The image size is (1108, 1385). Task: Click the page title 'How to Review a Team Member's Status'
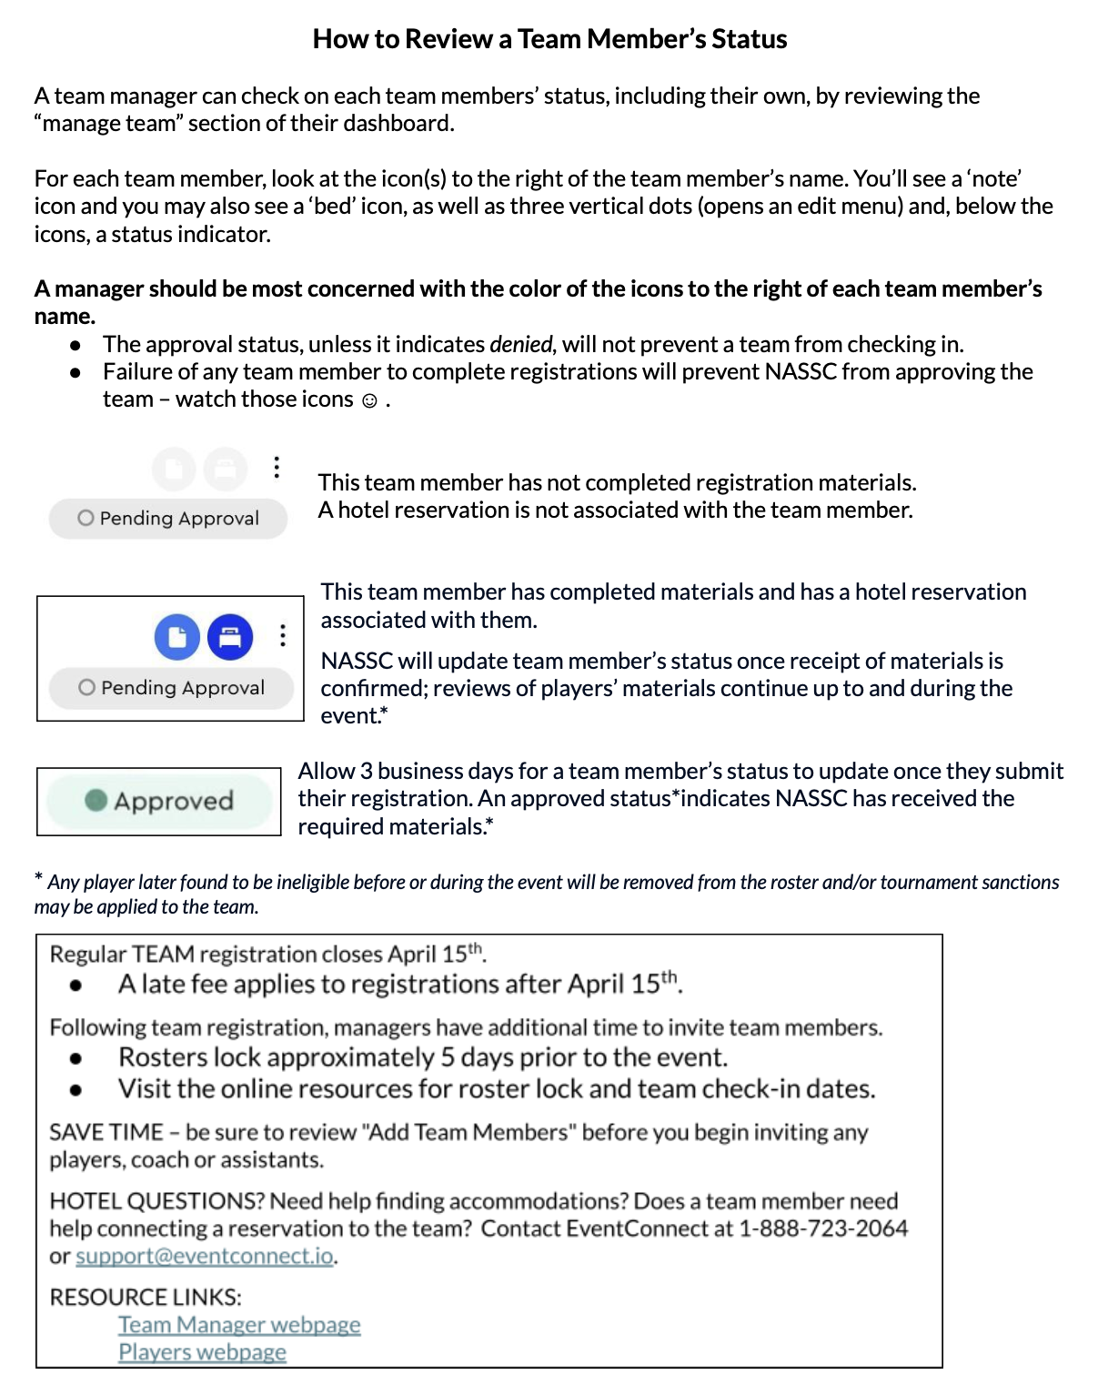coord(549,39)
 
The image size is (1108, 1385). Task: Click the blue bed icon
coord(230,637)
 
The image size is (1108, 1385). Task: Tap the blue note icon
coord(177,637)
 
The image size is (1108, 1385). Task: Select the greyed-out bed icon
coord(225,470)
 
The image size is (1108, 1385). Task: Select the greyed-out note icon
coord(174,470)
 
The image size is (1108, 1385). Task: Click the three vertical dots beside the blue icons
coord(283,635)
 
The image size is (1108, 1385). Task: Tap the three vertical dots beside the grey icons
coord(277,468)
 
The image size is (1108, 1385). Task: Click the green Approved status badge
coord(160,801)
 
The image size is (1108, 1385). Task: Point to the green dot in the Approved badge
coord(96,800)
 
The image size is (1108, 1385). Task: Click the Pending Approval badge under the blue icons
coord(172,688)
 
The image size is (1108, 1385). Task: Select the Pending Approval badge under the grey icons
coord(168,519)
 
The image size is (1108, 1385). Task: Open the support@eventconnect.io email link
coord(205,1257)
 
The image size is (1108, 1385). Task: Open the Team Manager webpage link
coord(239,1325)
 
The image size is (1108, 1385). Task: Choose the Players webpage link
coord(202,1352)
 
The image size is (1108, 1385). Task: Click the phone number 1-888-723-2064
coord(822,1228)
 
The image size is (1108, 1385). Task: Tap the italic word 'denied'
coord(520,345)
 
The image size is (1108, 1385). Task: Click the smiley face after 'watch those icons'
coord(369,401)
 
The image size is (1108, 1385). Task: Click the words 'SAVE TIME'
coord(106,1133)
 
